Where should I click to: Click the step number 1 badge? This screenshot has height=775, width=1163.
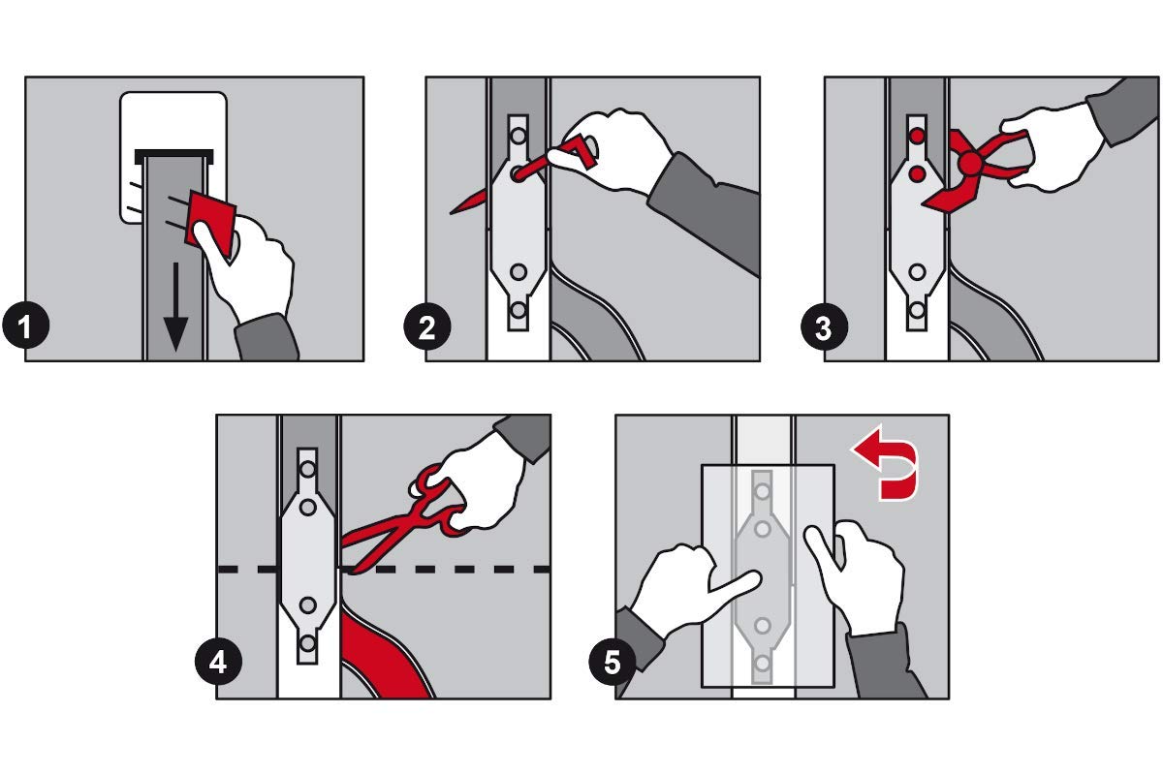(x=25, y=327)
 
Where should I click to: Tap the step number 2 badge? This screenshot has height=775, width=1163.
(x=426, y=327)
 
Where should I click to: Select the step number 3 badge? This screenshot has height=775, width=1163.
(x=825, y=327)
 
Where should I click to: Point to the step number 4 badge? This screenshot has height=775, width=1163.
(x=218, y=662)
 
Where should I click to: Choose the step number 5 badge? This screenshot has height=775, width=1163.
(x=613, y=662)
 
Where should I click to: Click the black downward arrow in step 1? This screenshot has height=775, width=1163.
(x=175, y=307)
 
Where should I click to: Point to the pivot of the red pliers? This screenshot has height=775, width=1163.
(x=969, y=164)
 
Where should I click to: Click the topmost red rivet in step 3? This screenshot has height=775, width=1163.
(x=918, y=137)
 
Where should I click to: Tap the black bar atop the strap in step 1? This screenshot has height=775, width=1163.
(x=173, y=156)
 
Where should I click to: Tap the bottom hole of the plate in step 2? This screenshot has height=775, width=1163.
(x=519, y=310)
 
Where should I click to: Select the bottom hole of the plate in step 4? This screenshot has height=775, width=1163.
(x=308, y=643)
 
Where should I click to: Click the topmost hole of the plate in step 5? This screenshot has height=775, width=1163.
(x=762, y=490)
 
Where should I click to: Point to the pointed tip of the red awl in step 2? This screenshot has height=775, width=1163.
(x=451, y=213)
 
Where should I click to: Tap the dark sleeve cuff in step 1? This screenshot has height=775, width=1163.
(x=266, y=337)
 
